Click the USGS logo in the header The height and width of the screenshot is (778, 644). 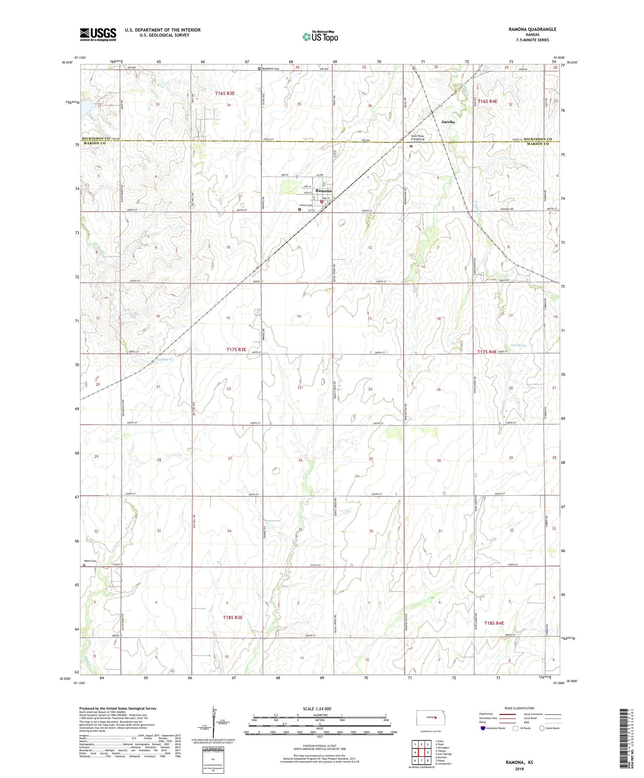click(98, 34)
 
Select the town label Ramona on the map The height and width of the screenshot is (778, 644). click(323, 191)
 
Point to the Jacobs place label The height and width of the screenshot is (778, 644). click(448, 122)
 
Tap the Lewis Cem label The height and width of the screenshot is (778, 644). click(306, 205)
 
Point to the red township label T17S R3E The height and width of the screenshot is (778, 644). click(236, 350)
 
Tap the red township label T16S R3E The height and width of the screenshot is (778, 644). click(225, 93)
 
